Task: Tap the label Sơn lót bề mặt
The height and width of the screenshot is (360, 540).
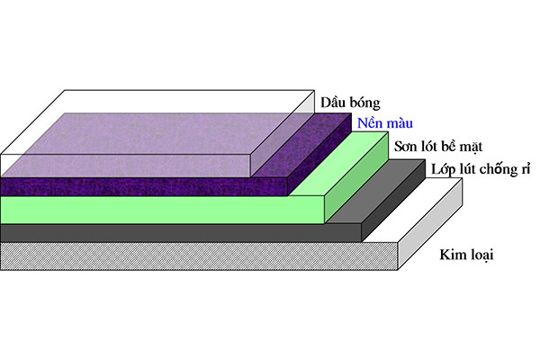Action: tap(428, 145)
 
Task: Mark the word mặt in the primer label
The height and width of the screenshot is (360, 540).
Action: tap(458, 146)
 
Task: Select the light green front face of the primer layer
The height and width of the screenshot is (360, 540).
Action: tap(162, 209)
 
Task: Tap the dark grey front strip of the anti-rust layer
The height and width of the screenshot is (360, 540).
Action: tap(180, 232)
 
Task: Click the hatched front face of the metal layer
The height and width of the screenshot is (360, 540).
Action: tap(198, 256)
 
